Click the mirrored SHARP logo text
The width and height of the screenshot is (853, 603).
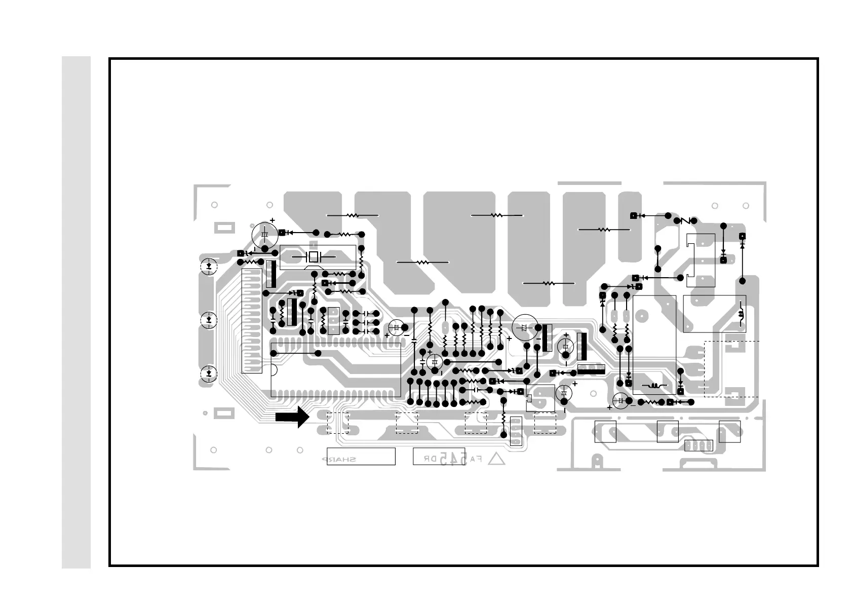pos(339,460)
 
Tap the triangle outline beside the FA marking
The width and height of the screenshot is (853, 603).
pos(497,459)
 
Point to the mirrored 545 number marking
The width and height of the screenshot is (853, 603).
pos(455,459)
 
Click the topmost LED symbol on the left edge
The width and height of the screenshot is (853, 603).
pos(209,266)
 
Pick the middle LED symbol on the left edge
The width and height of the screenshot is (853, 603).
pos(209,320)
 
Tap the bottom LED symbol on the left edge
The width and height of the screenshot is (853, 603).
pos(209,374)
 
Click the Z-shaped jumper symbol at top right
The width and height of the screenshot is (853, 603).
pos(686,221)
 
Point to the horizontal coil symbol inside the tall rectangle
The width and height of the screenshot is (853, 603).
pos(654,386)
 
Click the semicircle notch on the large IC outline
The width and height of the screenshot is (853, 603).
pos(274,370)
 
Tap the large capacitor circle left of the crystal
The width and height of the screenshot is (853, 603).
pos(264,234)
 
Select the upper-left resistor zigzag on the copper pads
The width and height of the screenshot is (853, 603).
pos(353,215)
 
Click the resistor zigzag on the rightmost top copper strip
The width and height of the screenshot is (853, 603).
pos(604,230)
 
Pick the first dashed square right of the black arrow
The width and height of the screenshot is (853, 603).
pos(337,423)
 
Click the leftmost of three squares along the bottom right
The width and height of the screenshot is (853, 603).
pos(605,431)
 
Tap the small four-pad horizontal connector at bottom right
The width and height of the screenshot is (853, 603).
pos(699,445)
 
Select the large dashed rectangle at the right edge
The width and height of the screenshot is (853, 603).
pos(731,368)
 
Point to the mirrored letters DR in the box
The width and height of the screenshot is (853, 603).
pos(430,459)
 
